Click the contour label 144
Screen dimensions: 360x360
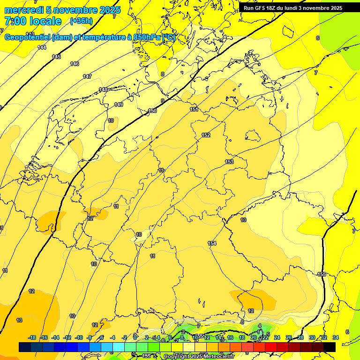42,47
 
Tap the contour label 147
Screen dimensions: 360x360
87,76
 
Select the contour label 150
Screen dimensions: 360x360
152,111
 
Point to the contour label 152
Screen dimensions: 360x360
206,135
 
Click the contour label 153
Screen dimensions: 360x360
229,162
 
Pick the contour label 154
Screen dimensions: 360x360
212,243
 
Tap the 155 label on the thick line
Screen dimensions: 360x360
322,274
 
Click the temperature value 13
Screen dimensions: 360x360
19,320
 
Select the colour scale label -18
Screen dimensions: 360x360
32,337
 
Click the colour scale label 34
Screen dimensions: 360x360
336,337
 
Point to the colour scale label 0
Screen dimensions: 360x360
135,337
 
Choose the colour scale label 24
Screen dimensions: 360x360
277,337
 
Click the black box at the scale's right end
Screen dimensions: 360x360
330,347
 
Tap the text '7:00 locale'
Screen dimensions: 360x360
33,21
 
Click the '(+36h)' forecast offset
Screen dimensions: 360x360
81,21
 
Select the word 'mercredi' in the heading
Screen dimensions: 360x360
23,10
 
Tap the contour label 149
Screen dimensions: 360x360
119,105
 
